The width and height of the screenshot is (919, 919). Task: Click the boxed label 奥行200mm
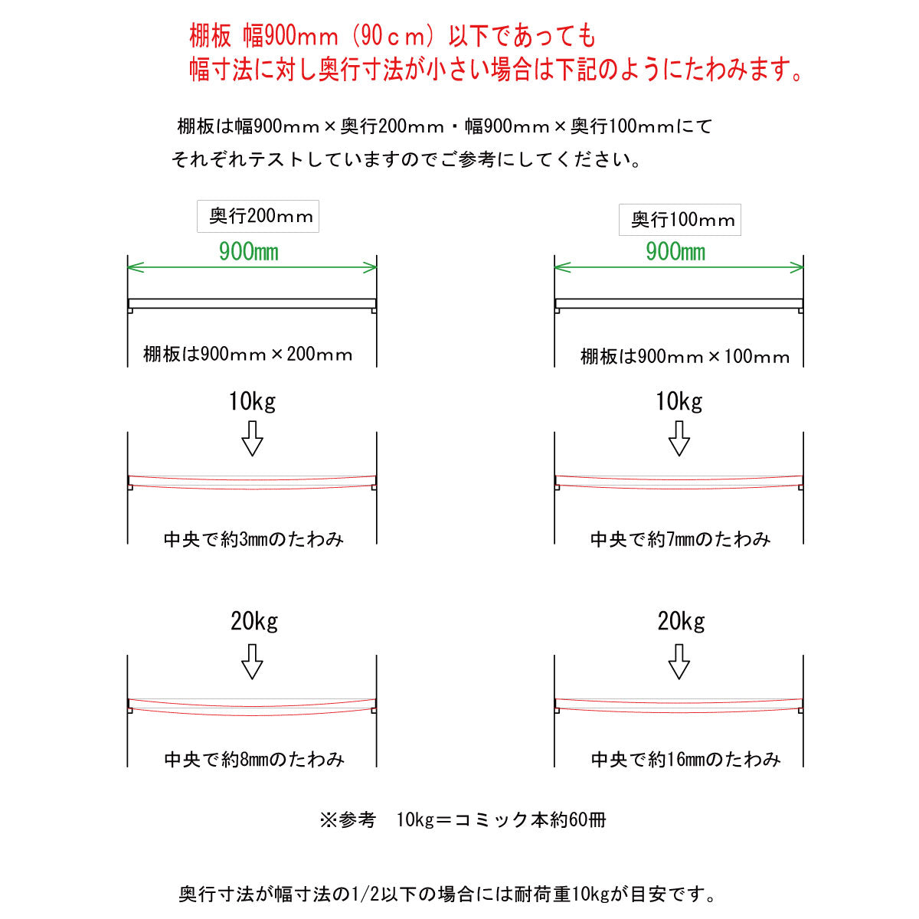tap(257, 216)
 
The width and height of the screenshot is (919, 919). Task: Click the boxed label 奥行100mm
tap(679, 219)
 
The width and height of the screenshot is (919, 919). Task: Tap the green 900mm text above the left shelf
tap(248, 252)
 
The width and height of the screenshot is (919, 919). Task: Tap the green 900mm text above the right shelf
tap(675, 252)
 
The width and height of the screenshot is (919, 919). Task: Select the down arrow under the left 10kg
tap(252, 438)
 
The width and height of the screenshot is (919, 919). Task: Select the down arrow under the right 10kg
tap(679, 438)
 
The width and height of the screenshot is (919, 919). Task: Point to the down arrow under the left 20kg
tap(252, 662)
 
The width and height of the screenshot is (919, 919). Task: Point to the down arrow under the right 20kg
tap(679, 662)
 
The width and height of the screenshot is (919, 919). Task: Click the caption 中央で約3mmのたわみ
tap(253, 539)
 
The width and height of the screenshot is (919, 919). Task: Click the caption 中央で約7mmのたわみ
tap(680, 539)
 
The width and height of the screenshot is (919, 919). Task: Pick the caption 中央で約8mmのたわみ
tap(253, 759)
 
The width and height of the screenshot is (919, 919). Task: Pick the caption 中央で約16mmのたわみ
tap(685, 759)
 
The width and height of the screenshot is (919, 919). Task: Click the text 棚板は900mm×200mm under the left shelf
tap(247, 355)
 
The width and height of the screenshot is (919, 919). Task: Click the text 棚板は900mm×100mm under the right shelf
tap(685, 357)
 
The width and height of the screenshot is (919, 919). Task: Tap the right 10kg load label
tap(679, 402)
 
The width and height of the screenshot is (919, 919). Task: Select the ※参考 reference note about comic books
tap(463, 820)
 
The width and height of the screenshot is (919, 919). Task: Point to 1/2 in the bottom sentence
tap(365, 894)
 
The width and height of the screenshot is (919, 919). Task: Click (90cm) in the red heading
tap(394, 36)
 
